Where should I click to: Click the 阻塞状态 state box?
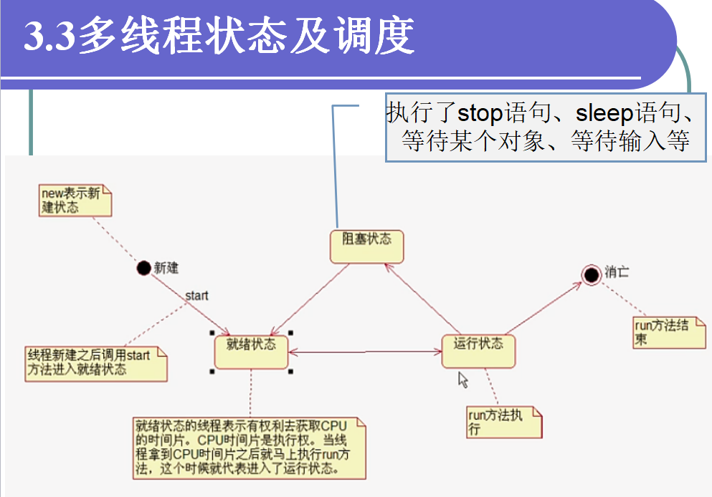pos(366,246)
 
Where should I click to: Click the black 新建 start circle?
pos(144,268)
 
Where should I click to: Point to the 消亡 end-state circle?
pos(591,274)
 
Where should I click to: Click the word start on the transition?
pos(196,295)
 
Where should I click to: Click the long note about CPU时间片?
pos(249,448)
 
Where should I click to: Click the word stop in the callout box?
pos(481,113)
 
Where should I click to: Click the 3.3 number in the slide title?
pos(49,38)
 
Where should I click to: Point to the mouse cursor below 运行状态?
pos(462,379)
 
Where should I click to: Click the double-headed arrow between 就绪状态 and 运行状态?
pos(364,352)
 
